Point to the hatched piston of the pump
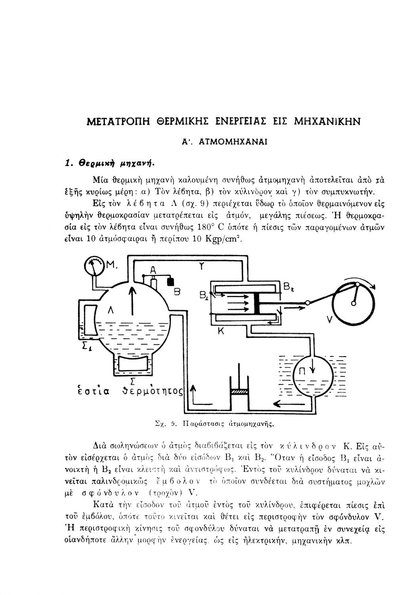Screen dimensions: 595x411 click(239, 392)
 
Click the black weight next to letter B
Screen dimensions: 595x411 click(171, 281)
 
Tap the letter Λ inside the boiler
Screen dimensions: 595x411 click(111, 313)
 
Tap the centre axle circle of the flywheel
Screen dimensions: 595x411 click(352, 304)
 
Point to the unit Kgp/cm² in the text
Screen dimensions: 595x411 click(223, 240)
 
